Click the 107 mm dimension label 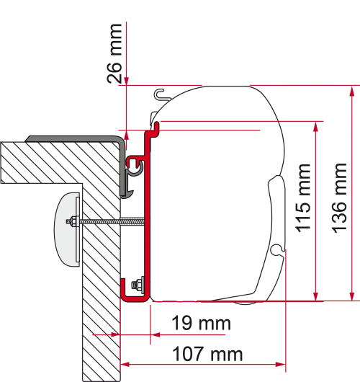tap(207, 355)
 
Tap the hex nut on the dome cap tap(73, 221)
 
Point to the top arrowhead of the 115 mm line tap(315, 125)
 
